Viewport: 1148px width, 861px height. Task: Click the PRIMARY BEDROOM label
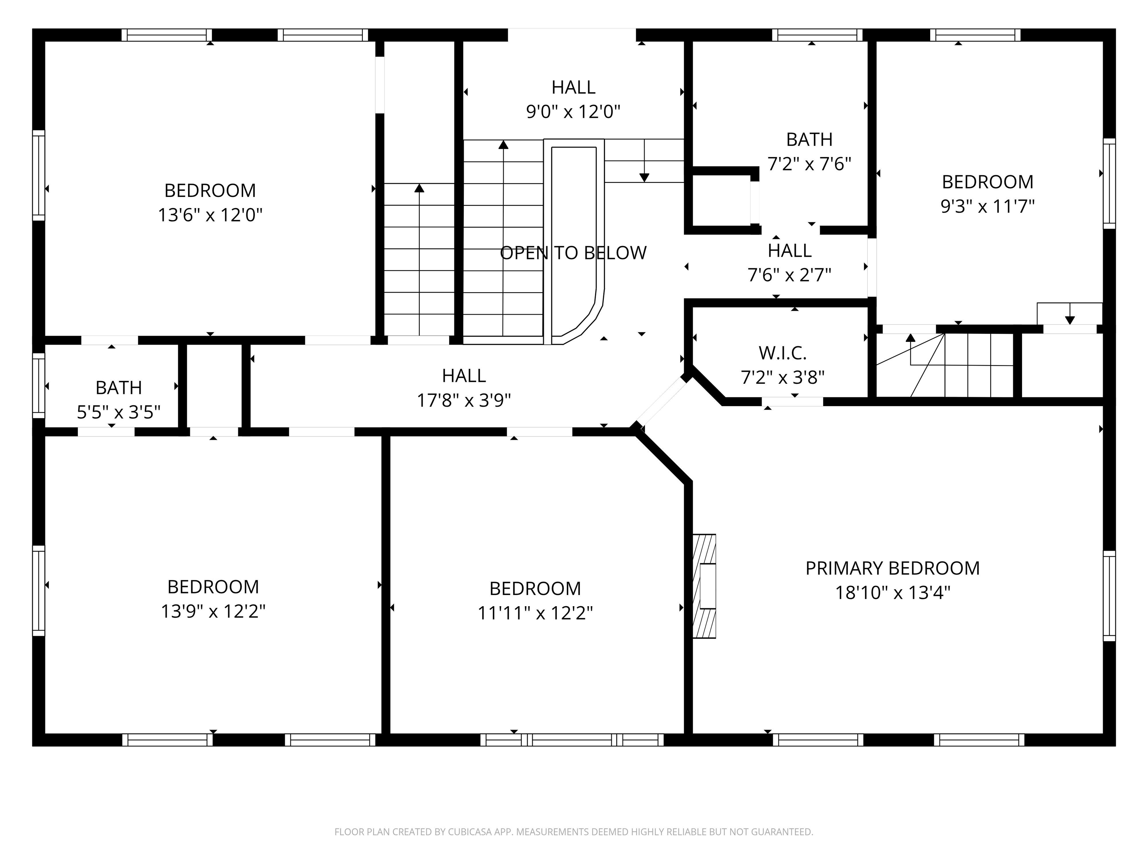coord(892,568)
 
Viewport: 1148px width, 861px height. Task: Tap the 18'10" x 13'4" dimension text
coord(892,593)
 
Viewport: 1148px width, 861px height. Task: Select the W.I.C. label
coord(782,353)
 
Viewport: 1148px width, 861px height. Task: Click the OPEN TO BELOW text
coord(573,253)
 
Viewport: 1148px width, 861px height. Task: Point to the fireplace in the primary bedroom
coord(704,586)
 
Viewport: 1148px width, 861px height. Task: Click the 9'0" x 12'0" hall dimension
coord(573,112)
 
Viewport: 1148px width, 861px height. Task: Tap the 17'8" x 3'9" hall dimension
coord(464,400)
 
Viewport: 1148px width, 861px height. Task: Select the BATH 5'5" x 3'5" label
coord(118,388)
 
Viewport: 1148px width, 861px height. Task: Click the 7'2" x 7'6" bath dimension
coord(809,164)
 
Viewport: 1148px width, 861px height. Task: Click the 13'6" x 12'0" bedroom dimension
coord(210,215)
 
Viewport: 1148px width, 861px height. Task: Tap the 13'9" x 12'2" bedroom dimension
coord(213,611)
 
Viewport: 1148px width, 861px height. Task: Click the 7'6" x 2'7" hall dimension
coord(789,275)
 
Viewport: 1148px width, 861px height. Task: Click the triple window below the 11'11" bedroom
coord(571,740)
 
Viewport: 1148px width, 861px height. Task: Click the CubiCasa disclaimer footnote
coord(574,832)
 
